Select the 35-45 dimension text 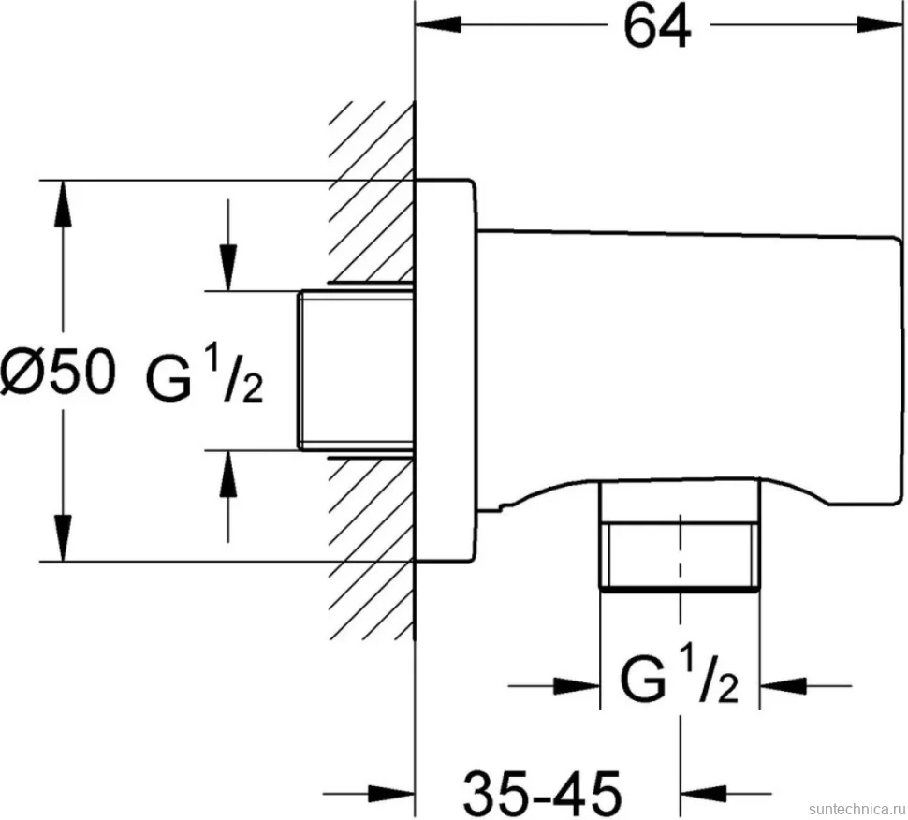[x=543, y=792]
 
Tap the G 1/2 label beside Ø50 [x=204, y=377]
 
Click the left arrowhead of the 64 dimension [x=439, y=25]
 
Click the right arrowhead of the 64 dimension [x=879, y=25]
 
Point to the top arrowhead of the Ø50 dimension [x=63, y=204]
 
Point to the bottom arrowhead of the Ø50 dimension [x=63, y=538]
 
